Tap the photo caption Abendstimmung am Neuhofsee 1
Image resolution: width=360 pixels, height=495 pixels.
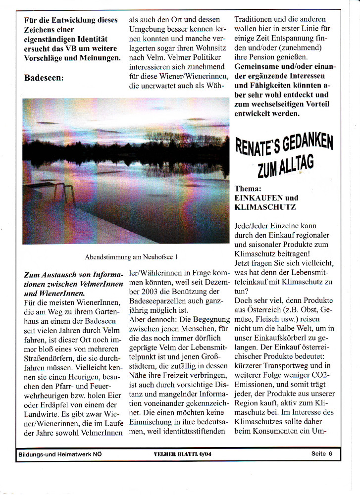pos(131,257)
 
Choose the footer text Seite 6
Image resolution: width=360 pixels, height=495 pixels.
pos(321,453)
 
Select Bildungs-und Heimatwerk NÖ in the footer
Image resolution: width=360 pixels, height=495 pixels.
pos(59,453)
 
